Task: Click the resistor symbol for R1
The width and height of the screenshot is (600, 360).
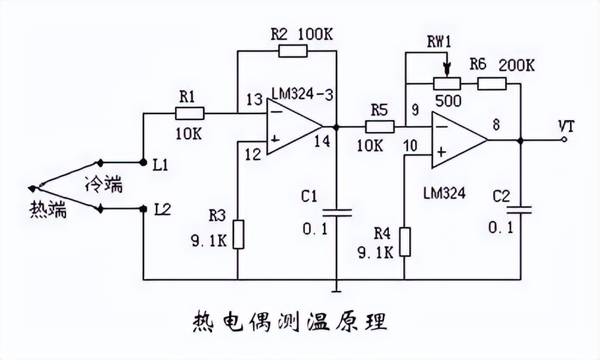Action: click(x=190, y=113)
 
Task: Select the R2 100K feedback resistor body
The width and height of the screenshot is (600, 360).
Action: click(x=293, y=50)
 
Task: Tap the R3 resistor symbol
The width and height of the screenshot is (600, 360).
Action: click(x=238, y=234)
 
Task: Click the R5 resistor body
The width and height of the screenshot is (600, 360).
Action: click(x=379, y=127)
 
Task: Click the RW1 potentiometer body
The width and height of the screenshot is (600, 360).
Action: click(x=446, y=83)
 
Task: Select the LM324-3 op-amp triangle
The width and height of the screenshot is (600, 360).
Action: click(x=291, y=127)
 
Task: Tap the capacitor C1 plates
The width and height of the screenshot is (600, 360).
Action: click(x=337, y=211)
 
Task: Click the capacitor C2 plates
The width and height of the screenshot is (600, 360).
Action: click(x=520, y=209)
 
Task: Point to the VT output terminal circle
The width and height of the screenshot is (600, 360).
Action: click(x=564, y=140)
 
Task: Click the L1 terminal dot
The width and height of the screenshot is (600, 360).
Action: click(x=143, y=162)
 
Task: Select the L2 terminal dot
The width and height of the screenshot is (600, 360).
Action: click(x=143, y=209)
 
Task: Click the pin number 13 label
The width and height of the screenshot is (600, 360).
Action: click(x=254, y=99)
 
